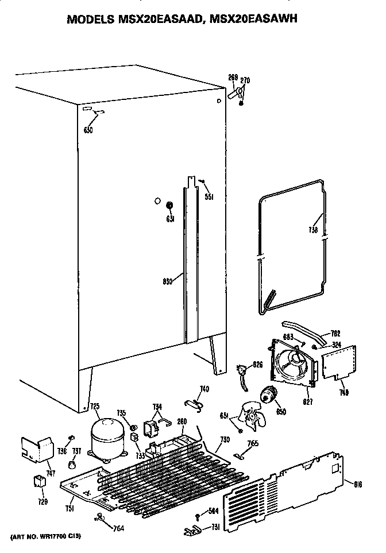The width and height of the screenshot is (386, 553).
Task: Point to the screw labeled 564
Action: click(198, 516)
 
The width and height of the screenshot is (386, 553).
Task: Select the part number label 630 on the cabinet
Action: click(88, 130)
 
